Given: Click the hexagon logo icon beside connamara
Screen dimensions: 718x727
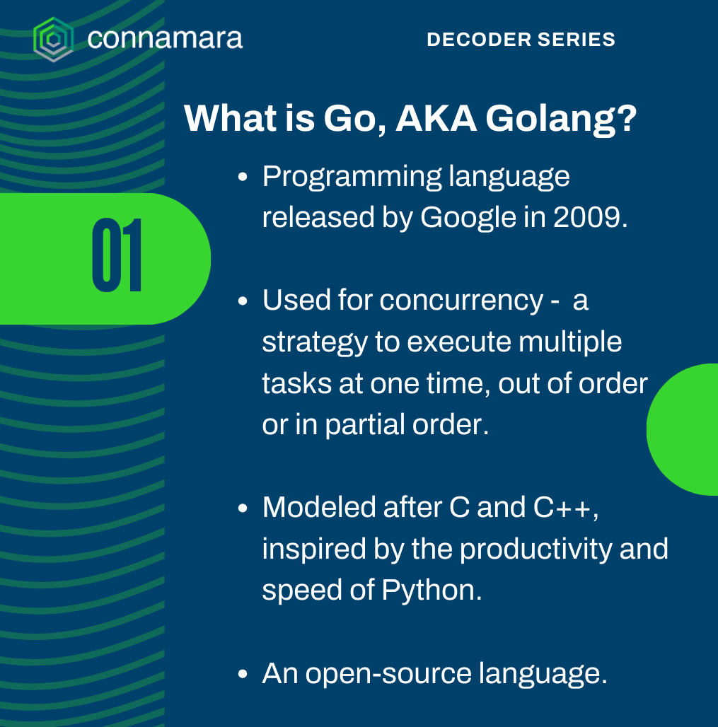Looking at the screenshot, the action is pyautogui.click(x=53, y=40).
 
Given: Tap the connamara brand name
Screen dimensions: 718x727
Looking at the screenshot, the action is pyautogui.click(x=165, y=38).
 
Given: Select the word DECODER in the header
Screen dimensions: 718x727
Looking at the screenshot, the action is pyautogui.click(x=479, y=40).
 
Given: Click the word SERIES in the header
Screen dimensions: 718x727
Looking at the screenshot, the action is pyautogui.click(x=577, y=40).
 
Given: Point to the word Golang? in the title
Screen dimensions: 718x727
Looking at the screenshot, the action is pyautogui.click(x=561, y=120).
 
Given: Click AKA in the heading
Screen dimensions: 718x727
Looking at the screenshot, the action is pyautogui.click(x=436, y=118).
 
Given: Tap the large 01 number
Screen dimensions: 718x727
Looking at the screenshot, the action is pyautogui.click(x=117, y=255).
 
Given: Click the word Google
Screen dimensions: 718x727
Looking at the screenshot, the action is pyautogui.click(x=468, y=218).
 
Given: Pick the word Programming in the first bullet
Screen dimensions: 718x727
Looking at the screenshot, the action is pyautogui.click(x=352, y=178).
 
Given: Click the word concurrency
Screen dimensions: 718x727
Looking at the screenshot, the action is pyautogui.click(x=461, y=301).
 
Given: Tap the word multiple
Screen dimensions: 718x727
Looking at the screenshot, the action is pyautogui.click(x=570, y=342).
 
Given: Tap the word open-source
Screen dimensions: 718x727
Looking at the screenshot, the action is pyautogui.click(x=388, y=675).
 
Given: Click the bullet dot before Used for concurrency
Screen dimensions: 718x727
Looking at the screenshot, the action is pyautogui.click(x=243, y=301).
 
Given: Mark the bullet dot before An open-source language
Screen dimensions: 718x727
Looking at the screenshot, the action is pyautogui.click(x=243, y=674).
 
